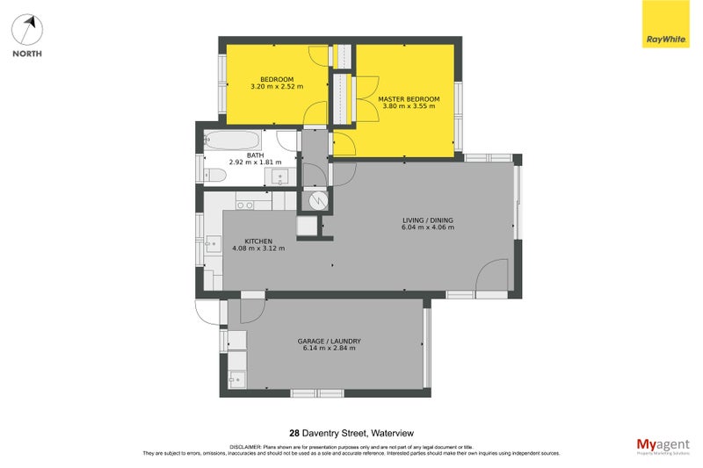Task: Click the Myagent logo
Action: tap(662, 445)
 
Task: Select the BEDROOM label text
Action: tap(277, 79)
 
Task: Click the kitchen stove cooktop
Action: tap(245, 205)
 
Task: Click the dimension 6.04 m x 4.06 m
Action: tap(428, 228)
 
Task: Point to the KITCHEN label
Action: tap(258, 241)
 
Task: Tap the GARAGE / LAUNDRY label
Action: tap(330, 340)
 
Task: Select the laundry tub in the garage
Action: tap(236, 378)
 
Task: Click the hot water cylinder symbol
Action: tap(317, 201)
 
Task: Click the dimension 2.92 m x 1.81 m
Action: tap(255, 162)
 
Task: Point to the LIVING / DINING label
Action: tap(428, 220)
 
